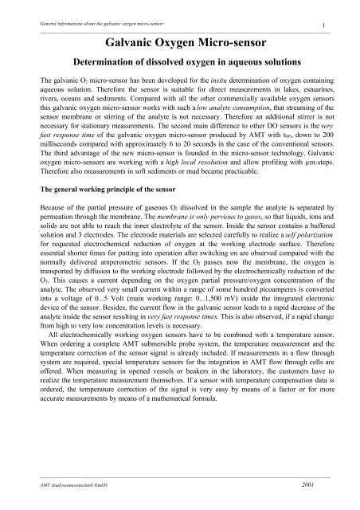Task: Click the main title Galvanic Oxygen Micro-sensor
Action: pyautogui.click(x=180, y=41)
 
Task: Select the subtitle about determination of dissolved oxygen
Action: pyautogui.click(x=180, y=61)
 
